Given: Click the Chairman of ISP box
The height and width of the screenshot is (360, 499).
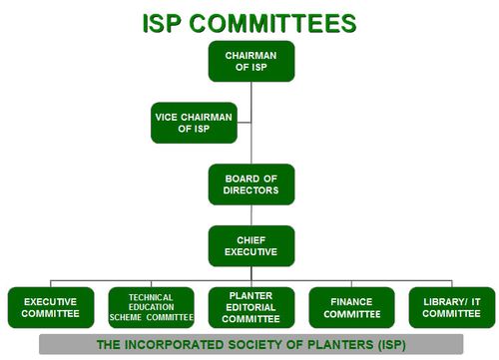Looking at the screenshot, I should click(x=251, y=61).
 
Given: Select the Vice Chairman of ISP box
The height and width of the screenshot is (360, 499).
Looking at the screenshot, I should click(x=195, y=123).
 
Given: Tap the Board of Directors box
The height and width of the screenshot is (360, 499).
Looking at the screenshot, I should click(x=251, y=183).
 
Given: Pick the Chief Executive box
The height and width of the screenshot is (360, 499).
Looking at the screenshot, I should click(x=251, y=245).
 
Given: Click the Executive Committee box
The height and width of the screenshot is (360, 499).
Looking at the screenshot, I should click(x=51, y=307).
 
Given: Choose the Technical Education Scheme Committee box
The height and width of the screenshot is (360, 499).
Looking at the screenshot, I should click(x=151, y=307).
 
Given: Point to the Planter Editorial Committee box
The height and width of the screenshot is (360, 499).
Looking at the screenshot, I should click(x=251, y=307).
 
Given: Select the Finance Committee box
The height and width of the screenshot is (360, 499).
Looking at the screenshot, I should click(x=351, y=307).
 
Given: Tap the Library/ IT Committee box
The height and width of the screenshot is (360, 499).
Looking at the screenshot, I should click(x=451, y=307).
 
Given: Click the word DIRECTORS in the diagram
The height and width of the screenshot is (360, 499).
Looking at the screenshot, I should click(x=251, y=189).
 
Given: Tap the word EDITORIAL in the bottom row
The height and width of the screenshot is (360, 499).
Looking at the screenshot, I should click(x=251, y=307).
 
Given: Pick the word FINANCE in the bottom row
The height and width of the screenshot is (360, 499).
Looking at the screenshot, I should click(x=351, y=300).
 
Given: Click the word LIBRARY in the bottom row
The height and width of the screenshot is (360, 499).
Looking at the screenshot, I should click(x=440, y=300).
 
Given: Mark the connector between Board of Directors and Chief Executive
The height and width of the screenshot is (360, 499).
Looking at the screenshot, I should click(x=251, y=214).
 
